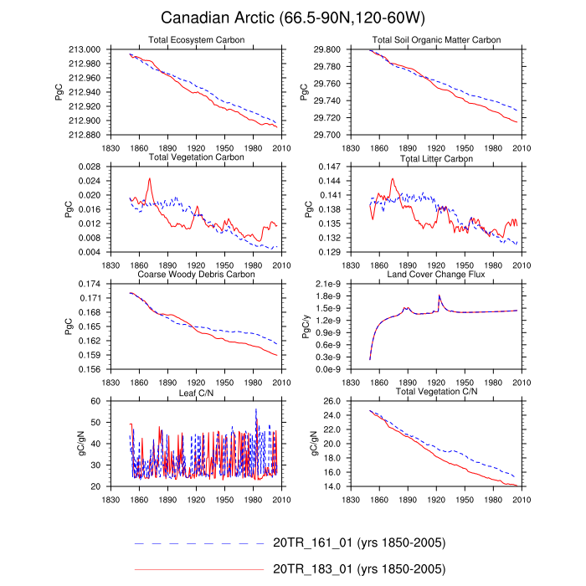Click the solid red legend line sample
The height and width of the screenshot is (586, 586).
point(198,569)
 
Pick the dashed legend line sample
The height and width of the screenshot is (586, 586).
point(198,543)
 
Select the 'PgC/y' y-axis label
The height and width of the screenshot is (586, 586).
point(308,326)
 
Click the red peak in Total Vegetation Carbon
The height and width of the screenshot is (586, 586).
point(150,178)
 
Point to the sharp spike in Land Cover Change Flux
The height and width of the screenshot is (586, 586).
point(439,296)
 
